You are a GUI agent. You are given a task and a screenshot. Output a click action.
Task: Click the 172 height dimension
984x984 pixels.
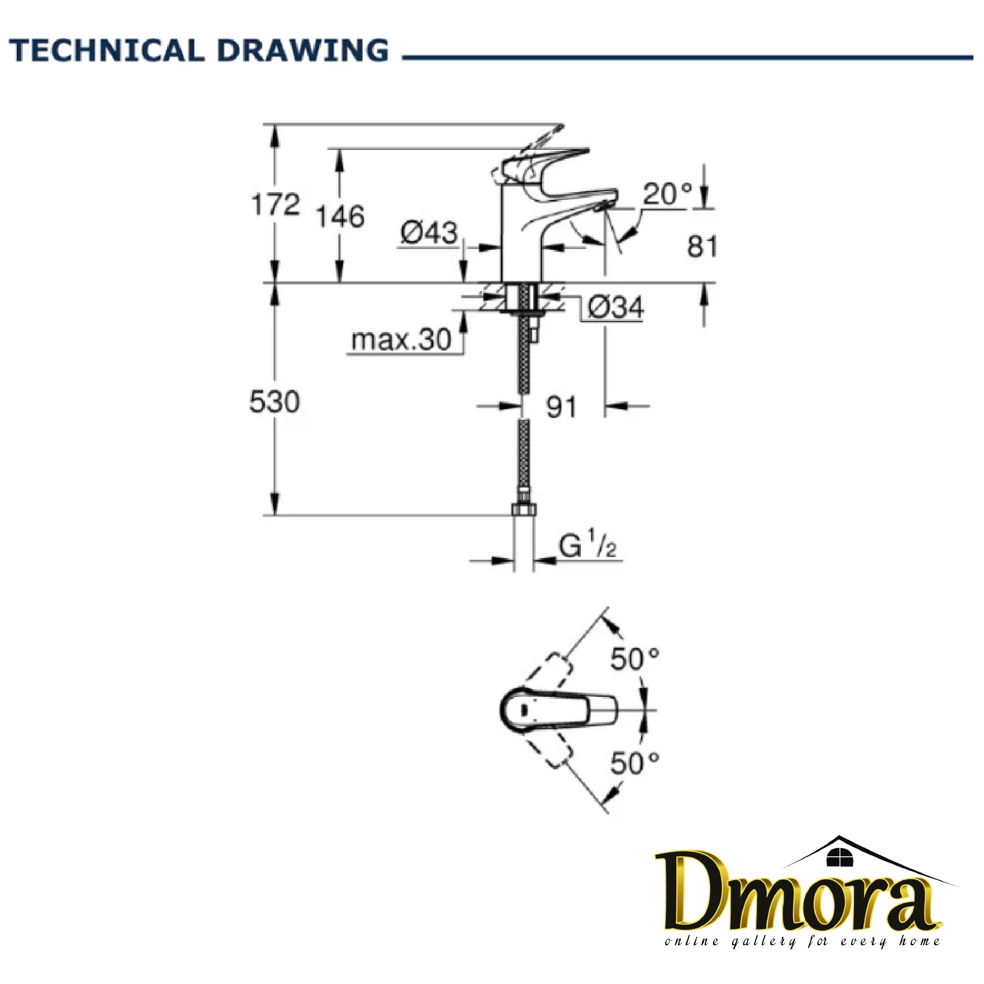pos(275,204)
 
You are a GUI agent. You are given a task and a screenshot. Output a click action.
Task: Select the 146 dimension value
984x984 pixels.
pos(340,217)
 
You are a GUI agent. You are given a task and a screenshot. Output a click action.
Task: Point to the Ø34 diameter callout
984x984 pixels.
pos(615,307)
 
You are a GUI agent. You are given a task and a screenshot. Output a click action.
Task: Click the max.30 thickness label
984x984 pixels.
pos(401,339)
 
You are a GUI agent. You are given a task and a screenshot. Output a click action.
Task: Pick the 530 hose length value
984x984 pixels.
pos(274,401)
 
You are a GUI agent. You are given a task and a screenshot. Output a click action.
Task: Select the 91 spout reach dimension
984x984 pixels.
pos(561,407)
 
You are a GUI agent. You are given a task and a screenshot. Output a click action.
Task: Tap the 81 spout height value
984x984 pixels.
pos(702,247)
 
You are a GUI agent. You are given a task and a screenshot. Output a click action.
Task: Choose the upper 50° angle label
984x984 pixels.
pos(635,659)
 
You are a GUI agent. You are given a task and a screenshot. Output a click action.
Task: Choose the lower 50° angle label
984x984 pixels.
pos(635,763)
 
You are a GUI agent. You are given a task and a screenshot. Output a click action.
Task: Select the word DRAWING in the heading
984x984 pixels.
pos(303,51)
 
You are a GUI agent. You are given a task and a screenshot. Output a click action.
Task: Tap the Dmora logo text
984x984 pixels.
pos(800,893)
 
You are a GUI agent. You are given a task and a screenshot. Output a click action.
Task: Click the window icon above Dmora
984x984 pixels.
pos(839,858)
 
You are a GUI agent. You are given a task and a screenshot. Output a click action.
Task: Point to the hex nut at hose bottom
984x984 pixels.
pos(523,510)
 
